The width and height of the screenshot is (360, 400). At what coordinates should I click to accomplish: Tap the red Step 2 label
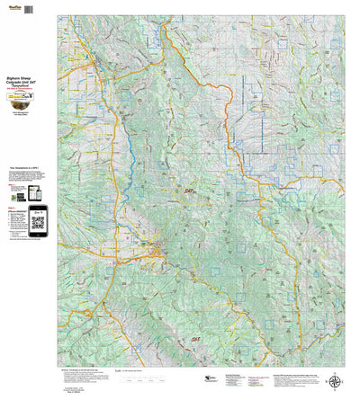tap(9, 206)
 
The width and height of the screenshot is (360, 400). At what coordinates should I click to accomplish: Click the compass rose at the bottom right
tap(336, 381)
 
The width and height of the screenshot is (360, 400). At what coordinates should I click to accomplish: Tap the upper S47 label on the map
tap(189, 190)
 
